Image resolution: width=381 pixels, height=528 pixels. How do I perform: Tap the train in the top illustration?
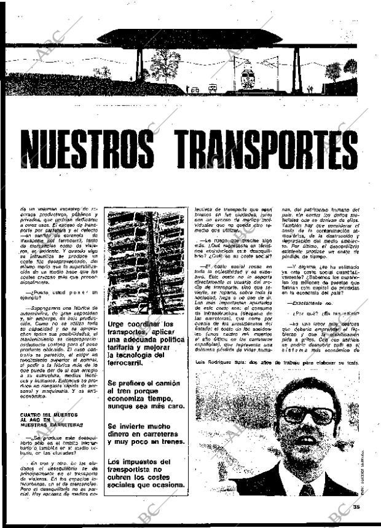[248, 79]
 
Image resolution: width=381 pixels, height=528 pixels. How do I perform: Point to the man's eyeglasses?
[307, 416]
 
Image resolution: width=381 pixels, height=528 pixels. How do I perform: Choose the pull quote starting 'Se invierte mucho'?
[145, 434]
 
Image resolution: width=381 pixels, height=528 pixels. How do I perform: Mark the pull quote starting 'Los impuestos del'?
[145, 473]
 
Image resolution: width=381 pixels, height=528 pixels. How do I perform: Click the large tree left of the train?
[165, 63]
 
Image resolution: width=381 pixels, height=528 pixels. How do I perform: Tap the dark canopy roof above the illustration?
[190, 37]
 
